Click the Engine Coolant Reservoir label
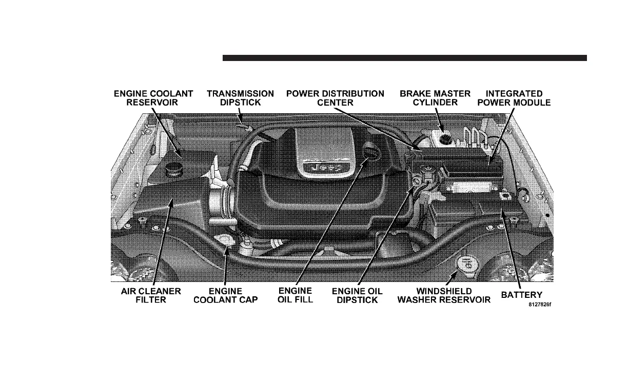153,98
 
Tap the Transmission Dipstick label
240,98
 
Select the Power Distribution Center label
335,98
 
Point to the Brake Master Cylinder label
435,98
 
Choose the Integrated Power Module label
518,98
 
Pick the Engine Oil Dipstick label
357,295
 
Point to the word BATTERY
522,295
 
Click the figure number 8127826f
540,304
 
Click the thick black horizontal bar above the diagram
404,58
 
